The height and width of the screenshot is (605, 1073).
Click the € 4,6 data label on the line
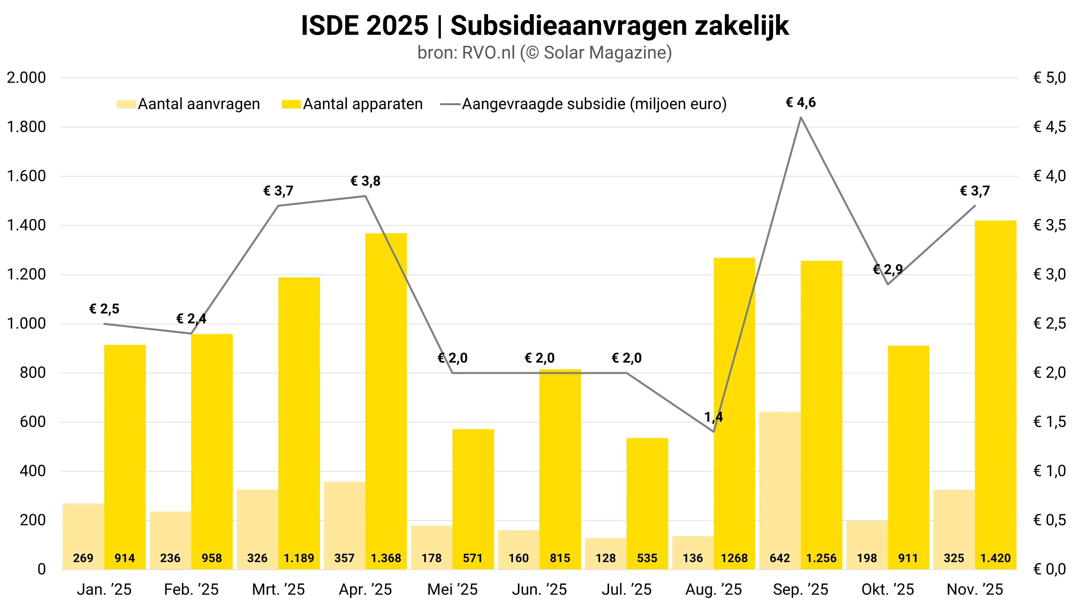[800, 103]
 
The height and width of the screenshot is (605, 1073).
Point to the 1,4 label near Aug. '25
[714, 417]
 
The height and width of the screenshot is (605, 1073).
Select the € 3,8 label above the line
[365, 181]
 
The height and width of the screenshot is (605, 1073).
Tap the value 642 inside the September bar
[780, 558]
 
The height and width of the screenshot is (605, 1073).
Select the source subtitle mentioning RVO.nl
[544, 53]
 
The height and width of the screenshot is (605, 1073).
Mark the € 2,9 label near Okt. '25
[888, 269]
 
